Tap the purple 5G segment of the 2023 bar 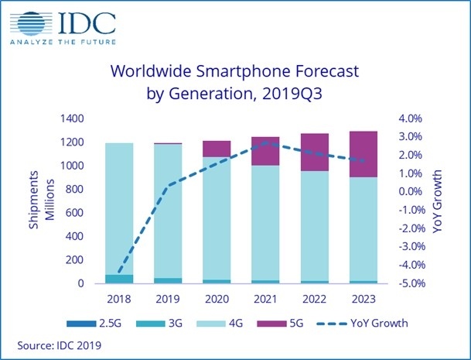tap(363, 154)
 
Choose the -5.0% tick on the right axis tap(410, 283)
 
